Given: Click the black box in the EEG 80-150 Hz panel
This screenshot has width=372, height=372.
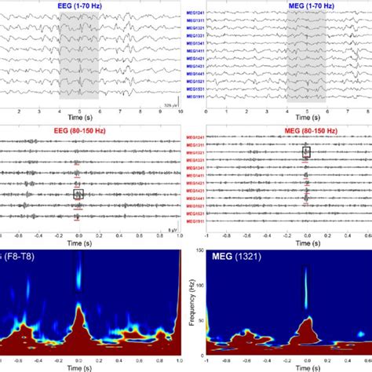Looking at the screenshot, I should point(78,193).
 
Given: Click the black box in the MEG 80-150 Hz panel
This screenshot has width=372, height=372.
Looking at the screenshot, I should point(307,151).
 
